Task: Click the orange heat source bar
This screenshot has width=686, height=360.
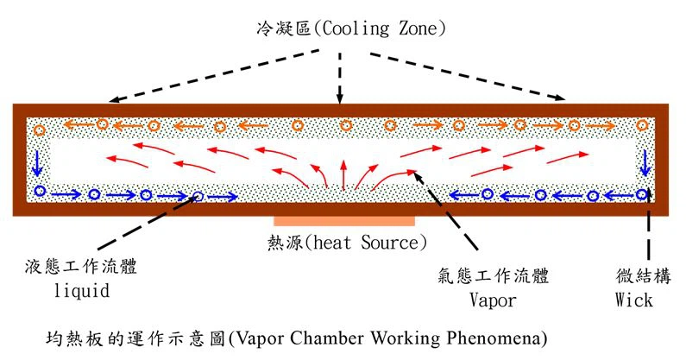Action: (344, 222)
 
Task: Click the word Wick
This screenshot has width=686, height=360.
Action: (634, 300)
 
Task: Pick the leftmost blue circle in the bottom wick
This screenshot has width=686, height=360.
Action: (39, 191)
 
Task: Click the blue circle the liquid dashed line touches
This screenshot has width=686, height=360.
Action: (198, 197)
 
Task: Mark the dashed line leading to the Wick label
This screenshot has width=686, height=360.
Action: (649, 233)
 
